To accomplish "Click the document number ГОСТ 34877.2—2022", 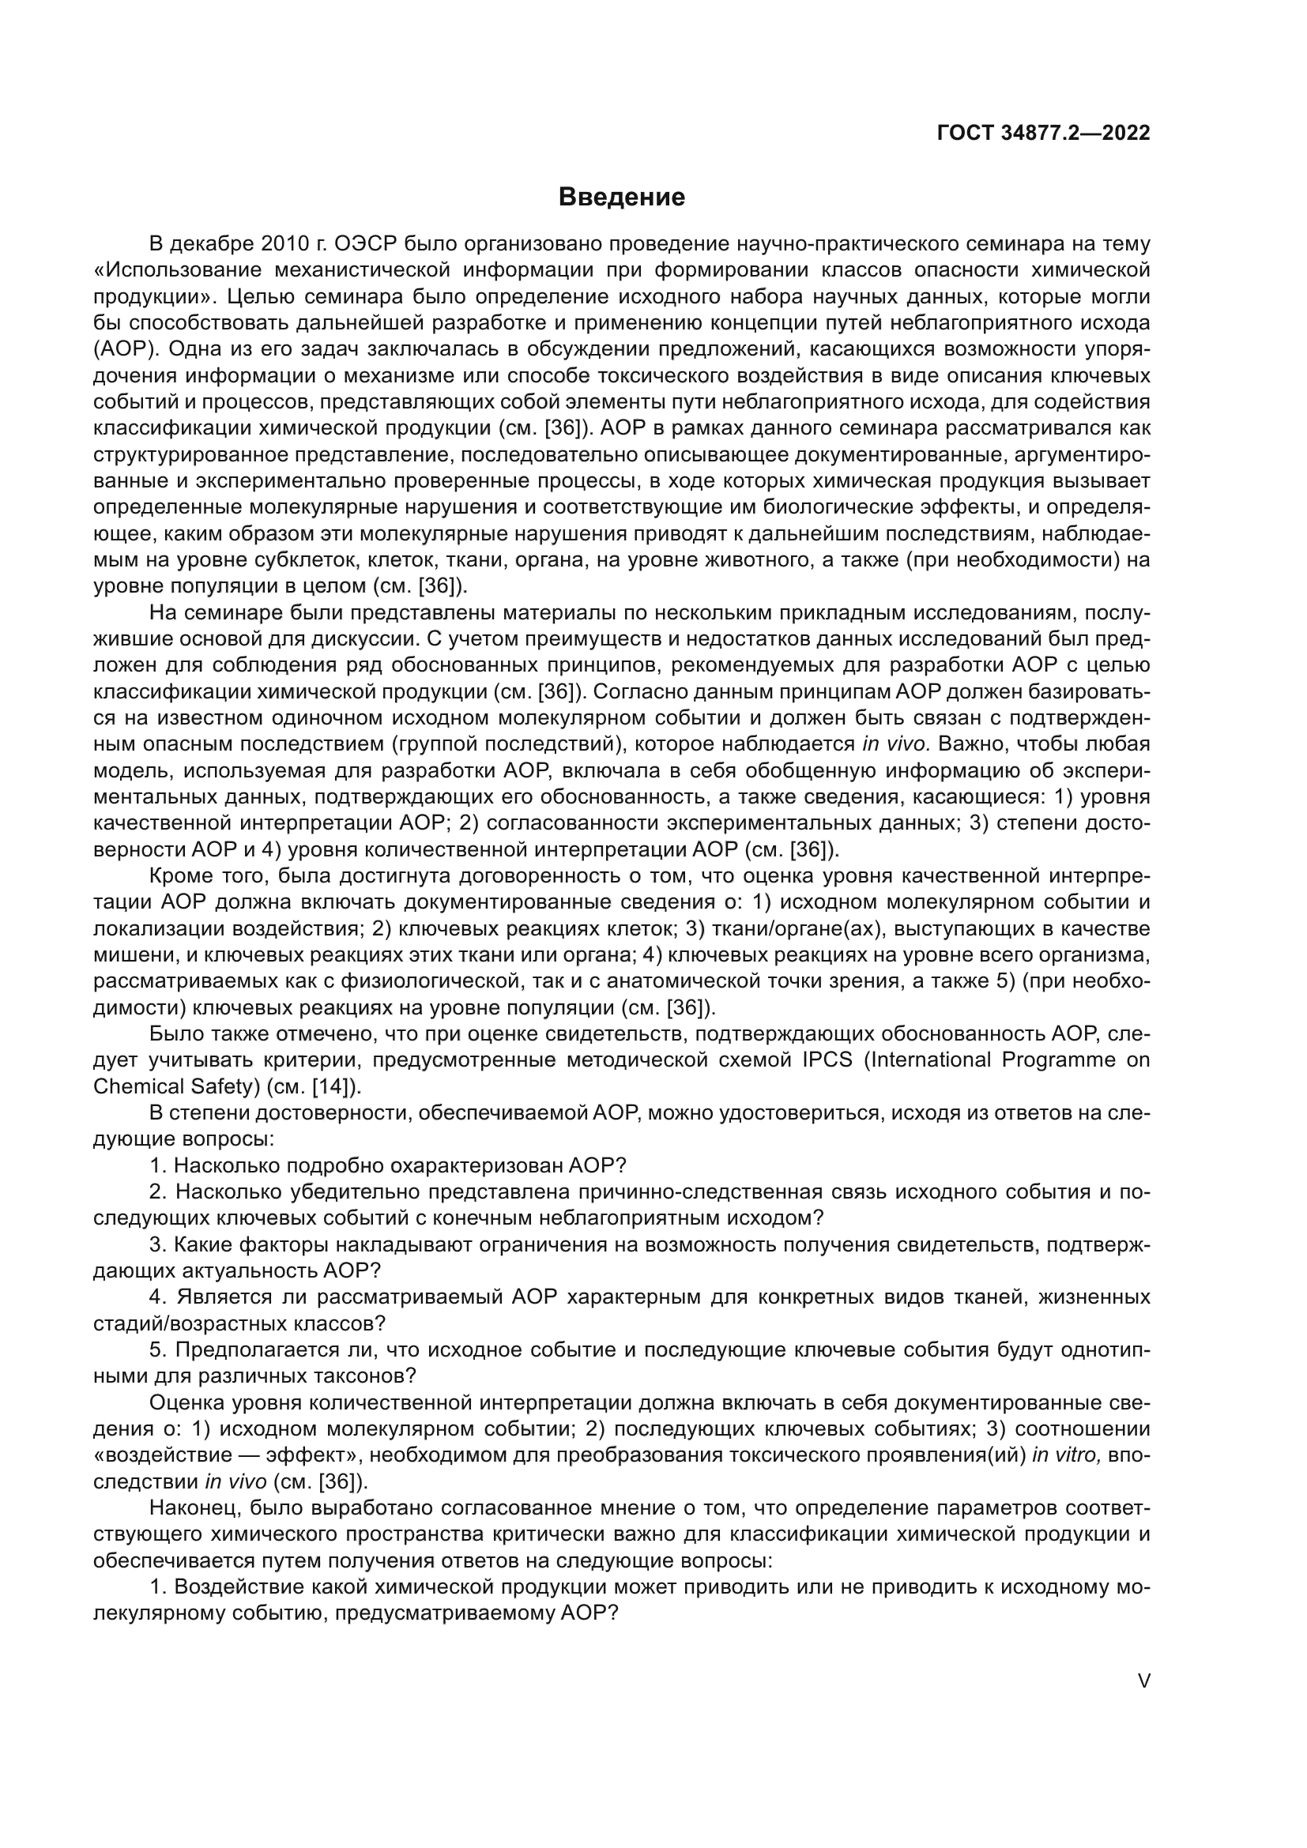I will (1043, 133).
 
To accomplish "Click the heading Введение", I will (621, 198).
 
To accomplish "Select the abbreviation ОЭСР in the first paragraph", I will (362, 244).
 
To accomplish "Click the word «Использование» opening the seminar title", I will (177, 269).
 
